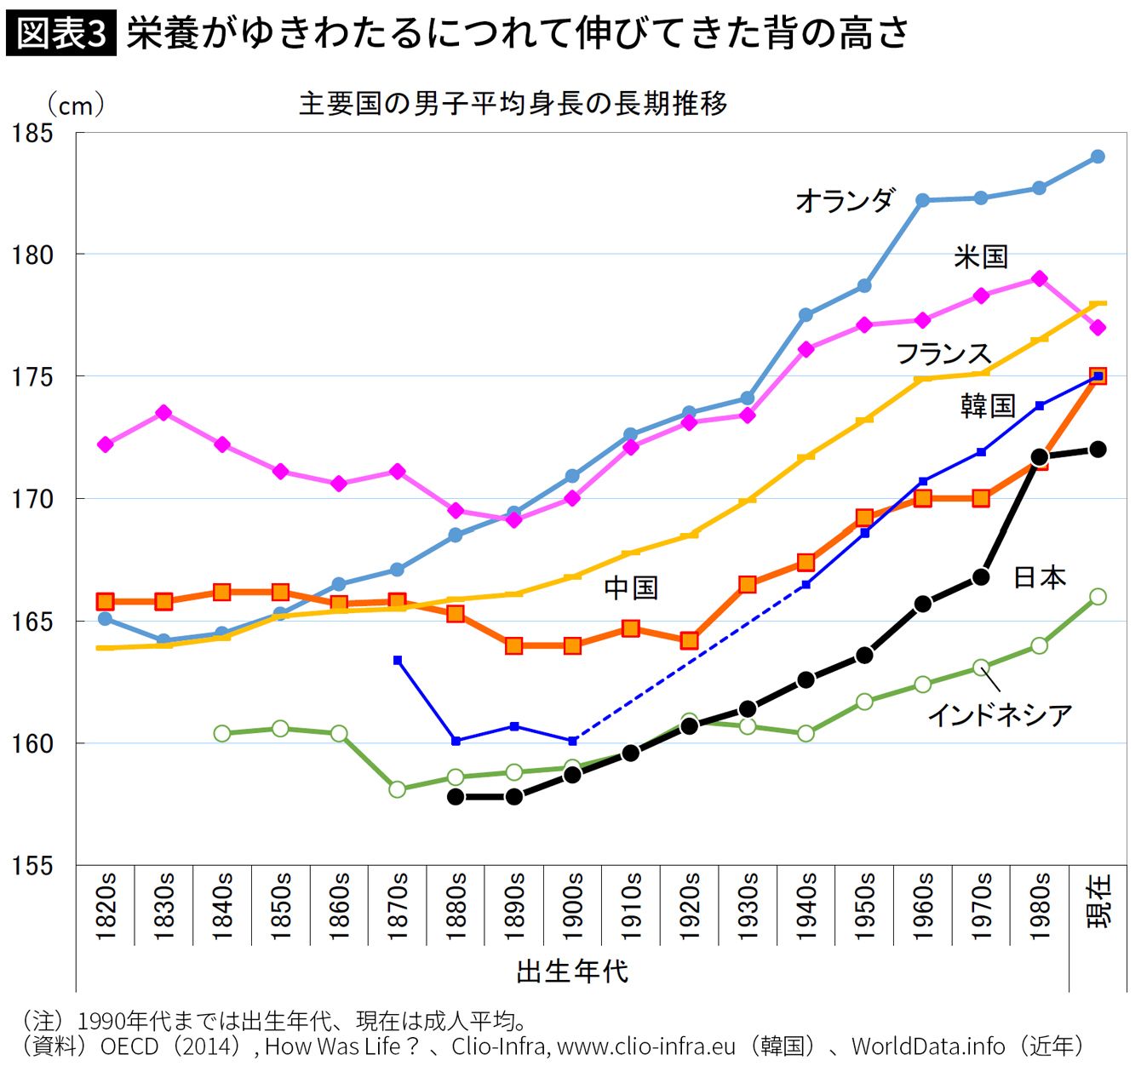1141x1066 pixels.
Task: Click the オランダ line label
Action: tap(845, 201)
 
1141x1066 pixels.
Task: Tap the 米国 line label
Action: tap(981, 256)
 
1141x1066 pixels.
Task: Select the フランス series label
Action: tap(943, 353)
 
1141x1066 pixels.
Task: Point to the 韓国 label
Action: tap(988, 405)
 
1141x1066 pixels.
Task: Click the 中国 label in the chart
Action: tap(631, 587)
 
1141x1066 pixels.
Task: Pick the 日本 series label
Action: tap(1040, 577)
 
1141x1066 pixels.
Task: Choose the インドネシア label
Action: tap(999, 714)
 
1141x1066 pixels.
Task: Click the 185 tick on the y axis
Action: tap(32, 134)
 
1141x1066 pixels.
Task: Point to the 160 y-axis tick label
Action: tap(32, 744)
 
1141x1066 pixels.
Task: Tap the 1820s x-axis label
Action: tap(106, 906)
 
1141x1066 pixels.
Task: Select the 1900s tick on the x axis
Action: tap(573, 906)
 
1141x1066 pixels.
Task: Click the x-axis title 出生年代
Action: tap(572, 971)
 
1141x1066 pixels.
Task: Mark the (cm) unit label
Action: tap(76, 106)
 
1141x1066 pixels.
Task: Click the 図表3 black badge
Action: tap(61, 34)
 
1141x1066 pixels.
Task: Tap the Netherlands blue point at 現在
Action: tap(1098, 157)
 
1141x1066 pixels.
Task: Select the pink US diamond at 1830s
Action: tap(163, 413)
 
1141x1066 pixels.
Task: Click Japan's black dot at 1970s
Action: tap(981, 577)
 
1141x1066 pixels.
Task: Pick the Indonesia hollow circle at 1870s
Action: tap(397, 789)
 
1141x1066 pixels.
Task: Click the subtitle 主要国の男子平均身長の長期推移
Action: tap(513, 104)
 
